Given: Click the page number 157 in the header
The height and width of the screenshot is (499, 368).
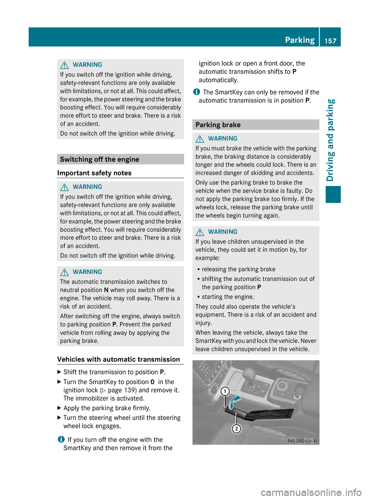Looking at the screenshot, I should point(330,41).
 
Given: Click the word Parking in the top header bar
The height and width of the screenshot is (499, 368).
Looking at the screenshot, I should point(299,40).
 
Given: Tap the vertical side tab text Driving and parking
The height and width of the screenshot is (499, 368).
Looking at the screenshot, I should point(330,140).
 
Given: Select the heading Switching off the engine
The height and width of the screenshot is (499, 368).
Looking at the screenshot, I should point(100,159).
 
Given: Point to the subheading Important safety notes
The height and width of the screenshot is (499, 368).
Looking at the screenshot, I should point(94,173).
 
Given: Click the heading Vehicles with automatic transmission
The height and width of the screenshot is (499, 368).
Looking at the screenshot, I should point(118,359).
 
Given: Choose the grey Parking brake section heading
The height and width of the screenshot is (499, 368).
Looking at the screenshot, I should point(218,125).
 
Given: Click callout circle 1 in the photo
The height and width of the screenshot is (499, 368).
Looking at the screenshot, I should point(225,391).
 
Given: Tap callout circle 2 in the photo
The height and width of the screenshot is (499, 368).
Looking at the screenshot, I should point(237,428).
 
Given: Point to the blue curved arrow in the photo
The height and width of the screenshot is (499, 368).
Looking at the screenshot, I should point(234,402).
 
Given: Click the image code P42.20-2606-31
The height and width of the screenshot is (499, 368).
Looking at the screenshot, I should point(302,441).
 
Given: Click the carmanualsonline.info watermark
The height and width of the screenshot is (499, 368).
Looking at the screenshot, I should point(311,492).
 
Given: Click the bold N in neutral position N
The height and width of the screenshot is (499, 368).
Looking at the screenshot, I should point(106,290).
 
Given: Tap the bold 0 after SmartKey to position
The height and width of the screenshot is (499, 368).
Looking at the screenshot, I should point(153,382).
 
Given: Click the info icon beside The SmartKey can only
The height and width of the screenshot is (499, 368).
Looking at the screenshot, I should point(196,92).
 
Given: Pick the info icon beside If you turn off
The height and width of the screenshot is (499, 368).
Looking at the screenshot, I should point(61,440).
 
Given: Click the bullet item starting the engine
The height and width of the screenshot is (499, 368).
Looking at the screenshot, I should point(228,297).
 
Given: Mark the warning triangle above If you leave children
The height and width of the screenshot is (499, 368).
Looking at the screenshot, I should point(200,232).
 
